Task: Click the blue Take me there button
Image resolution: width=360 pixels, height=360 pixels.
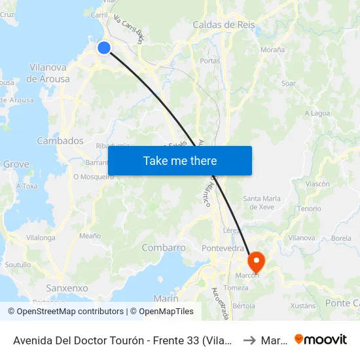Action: (180, 160)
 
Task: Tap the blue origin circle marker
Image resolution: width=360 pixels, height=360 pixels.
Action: (104, 47)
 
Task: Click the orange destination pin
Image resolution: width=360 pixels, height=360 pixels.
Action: (255, 262)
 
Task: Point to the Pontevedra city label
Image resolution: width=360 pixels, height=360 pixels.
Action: (223, 248)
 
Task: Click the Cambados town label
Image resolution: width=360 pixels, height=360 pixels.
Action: (60, 141)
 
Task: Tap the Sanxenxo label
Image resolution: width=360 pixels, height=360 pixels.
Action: (67, 288)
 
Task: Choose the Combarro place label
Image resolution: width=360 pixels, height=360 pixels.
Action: (164, 248)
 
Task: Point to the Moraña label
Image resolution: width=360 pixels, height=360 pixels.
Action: (273, 49)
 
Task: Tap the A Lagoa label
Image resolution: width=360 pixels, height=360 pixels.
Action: (317, 113)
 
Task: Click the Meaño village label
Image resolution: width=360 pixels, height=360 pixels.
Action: (90, 236)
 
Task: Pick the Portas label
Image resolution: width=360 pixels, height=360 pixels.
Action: (210, 61)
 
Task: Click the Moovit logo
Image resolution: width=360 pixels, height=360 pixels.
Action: (321, 339)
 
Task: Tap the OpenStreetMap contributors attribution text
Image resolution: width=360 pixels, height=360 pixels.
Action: (66, 312)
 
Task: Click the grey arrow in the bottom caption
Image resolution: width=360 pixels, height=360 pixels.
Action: (248, 340)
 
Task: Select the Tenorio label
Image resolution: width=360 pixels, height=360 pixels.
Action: (310, 208)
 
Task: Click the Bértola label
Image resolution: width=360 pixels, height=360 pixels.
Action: (243, 306)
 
